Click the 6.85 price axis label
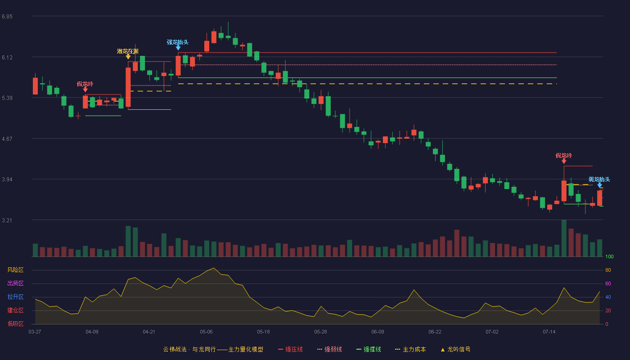tap(7, 17)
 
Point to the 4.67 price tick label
tap(7, 139)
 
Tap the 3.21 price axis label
tap(7, 220)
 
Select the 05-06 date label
tap(206, 332)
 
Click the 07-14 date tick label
tap(549, 332)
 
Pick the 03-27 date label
tap(35, 332)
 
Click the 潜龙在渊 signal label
tap(128, 51)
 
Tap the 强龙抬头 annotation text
tap(177, 42)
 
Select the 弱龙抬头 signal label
tap(599, 180)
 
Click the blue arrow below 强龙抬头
tap(178, 48)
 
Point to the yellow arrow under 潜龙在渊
tap(128, 57)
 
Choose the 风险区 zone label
tap(15, 270)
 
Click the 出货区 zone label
tap(15, 283)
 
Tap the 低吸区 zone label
tap(15, 324)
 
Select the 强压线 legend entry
tap(291, 350)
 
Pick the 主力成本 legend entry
tap(410, 350)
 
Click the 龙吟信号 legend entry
tap(455, 350)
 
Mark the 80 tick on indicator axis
tap(608, 270)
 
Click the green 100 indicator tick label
tap(609, 256)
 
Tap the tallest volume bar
tap(564, 238)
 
